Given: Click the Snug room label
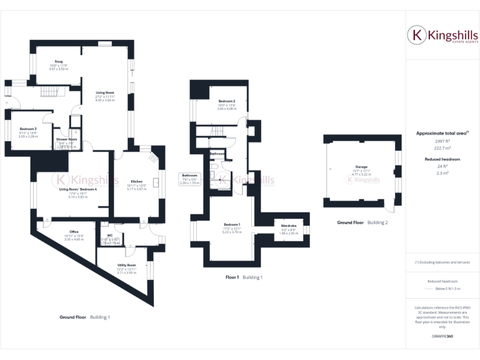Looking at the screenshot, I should click(x=58, y=61).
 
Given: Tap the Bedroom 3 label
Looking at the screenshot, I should click(x=28, y=129).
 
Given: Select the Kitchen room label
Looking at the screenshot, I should click(x=136, y=181).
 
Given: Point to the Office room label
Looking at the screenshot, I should click(x=74, y=232).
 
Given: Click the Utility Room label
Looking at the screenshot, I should click(x=126, y=265).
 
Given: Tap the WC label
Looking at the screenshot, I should click(x=110, y=236).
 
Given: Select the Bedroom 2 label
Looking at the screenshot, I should click(x=226, y=101).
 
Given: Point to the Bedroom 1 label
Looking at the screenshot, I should click(x=232, y=224).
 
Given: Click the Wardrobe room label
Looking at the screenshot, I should click(x=288, y=225).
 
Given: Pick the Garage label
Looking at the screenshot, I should click(x=361, y=167).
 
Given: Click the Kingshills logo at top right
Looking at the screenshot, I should click(x=442, y=36).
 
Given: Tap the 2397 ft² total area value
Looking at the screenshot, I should click(x=442, y=141).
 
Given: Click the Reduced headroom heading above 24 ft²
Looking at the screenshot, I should click(x=442, y=159).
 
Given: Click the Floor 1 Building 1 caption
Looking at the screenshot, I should click(x=244, y=277).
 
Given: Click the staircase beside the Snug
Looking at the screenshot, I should click(x=52, y=92).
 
